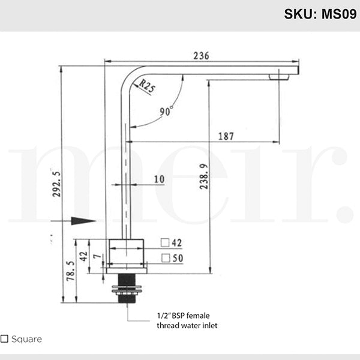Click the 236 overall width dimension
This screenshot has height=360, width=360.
(x=201, y=55)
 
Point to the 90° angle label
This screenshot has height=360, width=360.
(x=166, y=111)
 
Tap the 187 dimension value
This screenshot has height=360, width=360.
(x=225, y=136)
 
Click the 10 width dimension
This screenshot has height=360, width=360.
(x=159, y=179)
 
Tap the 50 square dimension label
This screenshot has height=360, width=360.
(x=177, y=258)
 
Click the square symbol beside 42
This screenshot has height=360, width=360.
(x=164, y=243)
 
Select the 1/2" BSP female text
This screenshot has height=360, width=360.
(x=183, y=315)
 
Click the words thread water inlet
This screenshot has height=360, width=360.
(x=187, y=326)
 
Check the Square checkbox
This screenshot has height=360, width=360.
(x=5, y=339)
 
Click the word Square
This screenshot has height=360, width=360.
(x=26, y=339)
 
